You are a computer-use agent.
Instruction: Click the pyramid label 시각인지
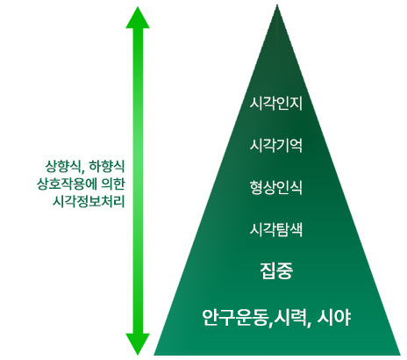[276, 104]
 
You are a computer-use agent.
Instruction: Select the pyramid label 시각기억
[276, 146]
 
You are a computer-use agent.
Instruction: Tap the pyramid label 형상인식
[276, 188]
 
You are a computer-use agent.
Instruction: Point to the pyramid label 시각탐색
[276, 229]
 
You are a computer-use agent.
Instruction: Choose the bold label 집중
[276, 271]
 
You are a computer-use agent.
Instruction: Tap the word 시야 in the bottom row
[334, 317]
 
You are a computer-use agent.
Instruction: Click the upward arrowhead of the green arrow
[138, 18]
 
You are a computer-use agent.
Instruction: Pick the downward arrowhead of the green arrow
[138, 344]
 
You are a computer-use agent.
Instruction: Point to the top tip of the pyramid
[277, 4]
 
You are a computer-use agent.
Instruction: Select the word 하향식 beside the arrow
[107, 167]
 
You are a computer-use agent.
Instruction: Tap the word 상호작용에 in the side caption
[67, 184]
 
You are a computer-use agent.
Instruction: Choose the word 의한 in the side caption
[113, 184]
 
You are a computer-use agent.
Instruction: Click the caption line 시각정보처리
[89, 202]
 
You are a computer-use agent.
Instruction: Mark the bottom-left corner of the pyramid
[154, 355]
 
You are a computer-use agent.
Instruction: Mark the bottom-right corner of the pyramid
[401, 355]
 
